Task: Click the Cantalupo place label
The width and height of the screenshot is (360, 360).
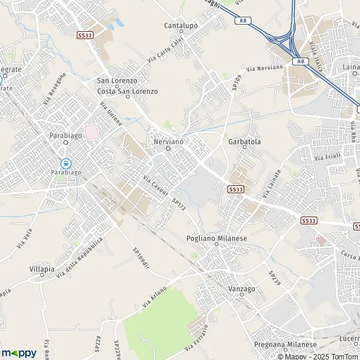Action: [x=181, y=26]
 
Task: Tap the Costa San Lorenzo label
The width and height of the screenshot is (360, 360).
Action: [x=128, y=91]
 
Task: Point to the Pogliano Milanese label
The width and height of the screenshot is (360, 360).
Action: [x=217, y=238]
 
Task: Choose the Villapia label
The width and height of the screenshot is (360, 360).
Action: [x=42, y=270]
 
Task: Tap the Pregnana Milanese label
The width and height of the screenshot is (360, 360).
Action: [x=285, y=345]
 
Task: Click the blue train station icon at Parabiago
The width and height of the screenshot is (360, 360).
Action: [x=65, y=163]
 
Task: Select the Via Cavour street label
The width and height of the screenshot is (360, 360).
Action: [x=155, y=180]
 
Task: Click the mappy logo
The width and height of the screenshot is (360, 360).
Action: [x=18, y=353]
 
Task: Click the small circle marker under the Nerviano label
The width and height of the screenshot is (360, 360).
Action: [x=168, y=149]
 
